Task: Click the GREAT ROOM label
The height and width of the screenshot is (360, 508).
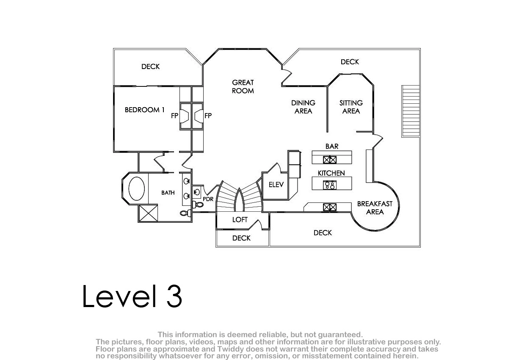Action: [x=243, y=87]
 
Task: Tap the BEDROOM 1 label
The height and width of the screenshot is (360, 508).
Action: [x=145, y=110]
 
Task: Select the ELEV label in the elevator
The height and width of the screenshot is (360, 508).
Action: [x=276, y=185]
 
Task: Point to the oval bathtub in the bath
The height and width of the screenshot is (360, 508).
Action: [x=136, y=188]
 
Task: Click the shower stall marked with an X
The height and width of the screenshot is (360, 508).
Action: [x=148, y=213]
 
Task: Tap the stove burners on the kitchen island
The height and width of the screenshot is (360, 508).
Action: [x=330, y=185]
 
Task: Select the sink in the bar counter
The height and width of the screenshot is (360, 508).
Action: [x=329, y=160]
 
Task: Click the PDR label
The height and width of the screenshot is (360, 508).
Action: [x=208, y=199]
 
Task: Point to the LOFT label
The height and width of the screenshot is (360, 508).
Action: [x=240, y=219]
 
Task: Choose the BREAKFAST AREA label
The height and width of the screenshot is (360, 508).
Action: [x=375, y=208]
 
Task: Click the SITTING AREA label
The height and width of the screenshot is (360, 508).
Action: [x=351, y=107]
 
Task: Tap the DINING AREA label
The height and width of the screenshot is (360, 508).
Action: [x=303, y=107]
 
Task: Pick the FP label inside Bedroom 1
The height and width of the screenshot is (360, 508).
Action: [x=174, y=116]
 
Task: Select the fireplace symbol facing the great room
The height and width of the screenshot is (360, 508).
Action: [x=199, y=116]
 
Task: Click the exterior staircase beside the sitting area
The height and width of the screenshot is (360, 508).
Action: [x=411, y=111]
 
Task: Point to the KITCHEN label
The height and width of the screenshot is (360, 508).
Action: [x=331, y=173]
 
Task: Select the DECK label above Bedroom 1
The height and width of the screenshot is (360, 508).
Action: [x=150, y=66]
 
